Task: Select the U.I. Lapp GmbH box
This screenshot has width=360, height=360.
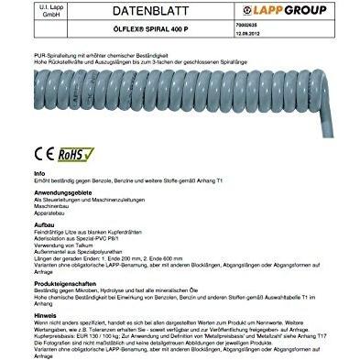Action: [x=29, y=12]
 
